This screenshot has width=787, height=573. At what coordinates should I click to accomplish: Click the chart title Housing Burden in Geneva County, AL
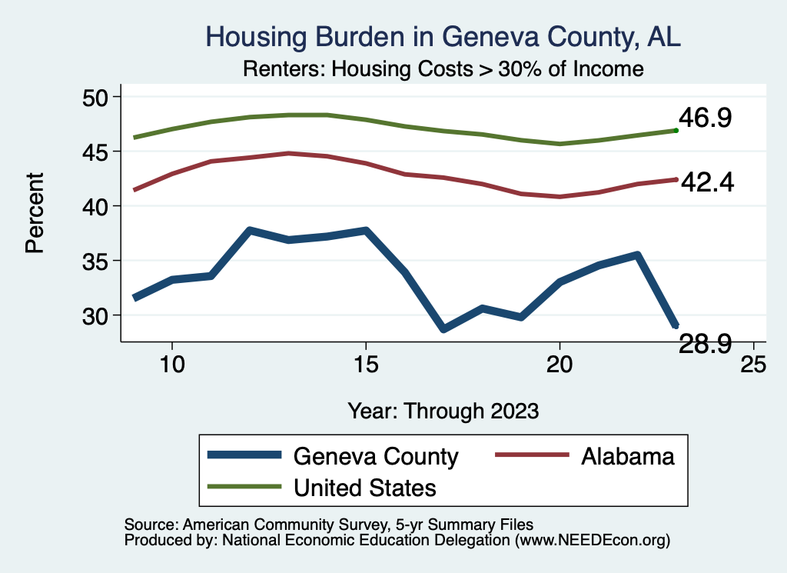(x=443, y=37)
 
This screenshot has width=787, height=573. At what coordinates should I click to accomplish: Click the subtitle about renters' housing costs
(x=443, y=69)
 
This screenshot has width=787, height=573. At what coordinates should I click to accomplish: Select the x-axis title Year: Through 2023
(x=443, y=410)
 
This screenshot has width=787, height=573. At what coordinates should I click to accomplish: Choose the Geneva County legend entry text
(x=376, y=457)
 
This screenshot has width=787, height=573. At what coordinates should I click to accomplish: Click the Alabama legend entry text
(x=628, y=457)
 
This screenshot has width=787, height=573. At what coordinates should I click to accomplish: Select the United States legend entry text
(x=365, y=488)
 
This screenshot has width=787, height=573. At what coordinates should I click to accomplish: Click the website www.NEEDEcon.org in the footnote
(x=591, y=541)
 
